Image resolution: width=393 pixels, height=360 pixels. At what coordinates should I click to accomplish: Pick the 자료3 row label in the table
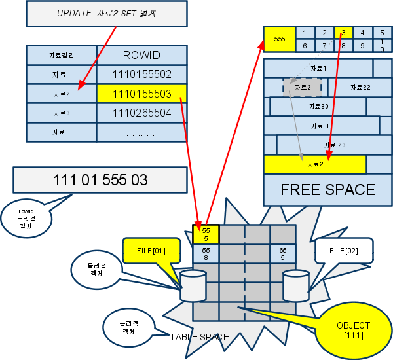coord(61,113)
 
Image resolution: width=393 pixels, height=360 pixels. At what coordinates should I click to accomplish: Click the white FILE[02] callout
coord(343,251)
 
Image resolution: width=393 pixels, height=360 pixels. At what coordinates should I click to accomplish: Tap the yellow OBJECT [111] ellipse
coord(352,330)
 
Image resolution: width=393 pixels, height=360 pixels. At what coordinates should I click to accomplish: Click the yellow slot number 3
coord(343,33)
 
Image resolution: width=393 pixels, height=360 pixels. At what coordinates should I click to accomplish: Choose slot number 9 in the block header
coord(362,46)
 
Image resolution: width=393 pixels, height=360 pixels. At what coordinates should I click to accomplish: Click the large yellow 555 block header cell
coord(279,39)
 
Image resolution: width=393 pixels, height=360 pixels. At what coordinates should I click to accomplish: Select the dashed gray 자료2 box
coord(302,88)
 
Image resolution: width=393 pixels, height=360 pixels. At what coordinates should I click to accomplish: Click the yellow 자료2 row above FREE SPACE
coord(314,164)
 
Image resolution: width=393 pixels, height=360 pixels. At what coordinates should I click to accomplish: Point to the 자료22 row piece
coord(360,88)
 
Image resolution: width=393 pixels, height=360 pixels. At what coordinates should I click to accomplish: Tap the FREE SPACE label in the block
coord(327,190)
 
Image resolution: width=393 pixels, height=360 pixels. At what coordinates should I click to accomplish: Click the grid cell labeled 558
coord(206,254)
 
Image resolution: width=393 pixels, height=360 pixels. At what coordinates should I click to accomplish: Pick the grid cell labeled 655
coord(283,254)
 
